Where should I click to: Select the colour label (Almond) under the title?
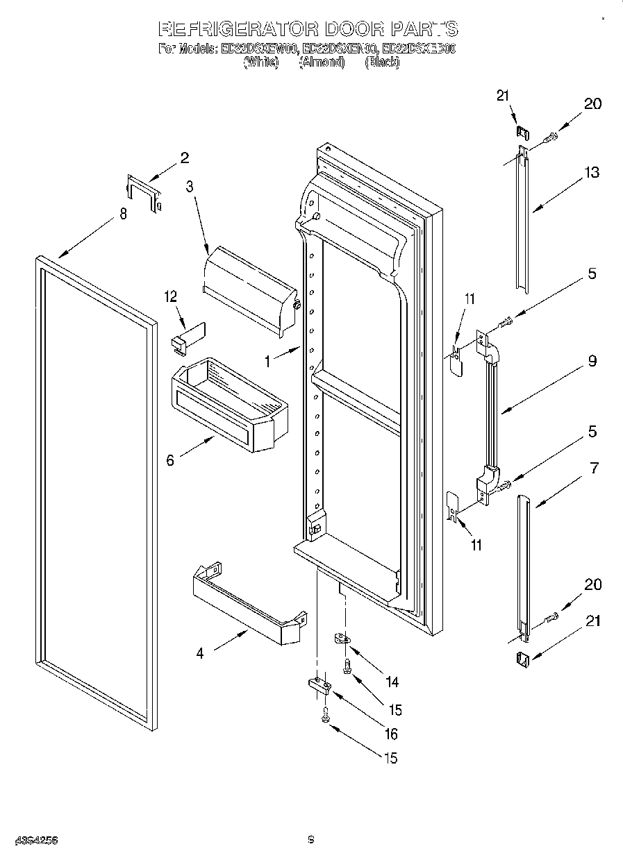[322, 62]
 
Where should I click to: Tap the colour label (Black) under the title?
[382, 62]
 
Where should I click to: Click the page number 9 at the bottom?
[312, 841]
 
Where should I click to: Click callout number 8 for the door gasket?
[123, 214]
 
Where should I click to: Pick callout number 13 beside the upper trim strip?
[591, 173]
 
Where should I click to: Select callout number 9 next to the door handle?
[592, 361]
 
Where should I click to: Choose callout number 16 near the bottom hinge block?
[391, 734]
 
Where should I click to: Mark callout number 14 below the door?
[392, 682]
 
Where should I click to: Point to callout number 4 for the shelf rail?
[200, 653]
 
